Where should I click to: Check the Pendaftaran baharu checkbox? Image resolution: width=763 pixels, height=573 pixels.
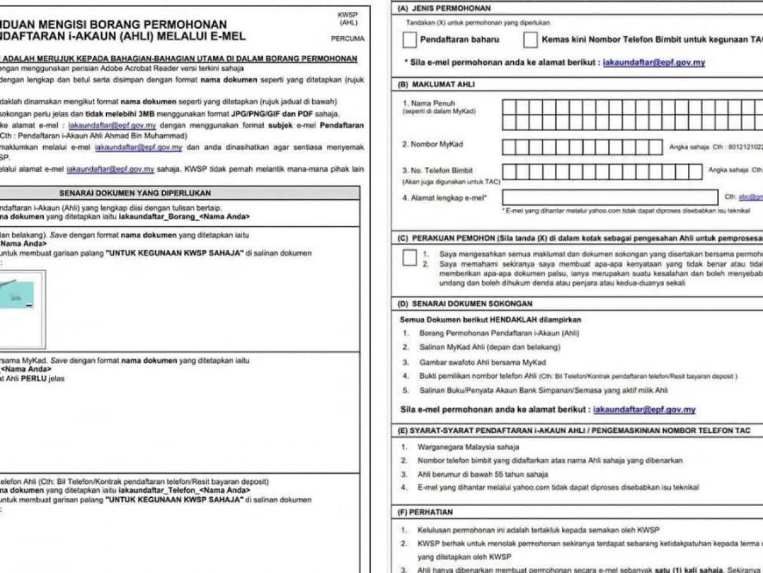click(x=409, y=40)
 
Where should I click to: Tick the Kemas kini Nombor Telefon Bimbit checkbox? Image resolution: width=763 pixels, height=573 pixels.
click(x=530, y=40)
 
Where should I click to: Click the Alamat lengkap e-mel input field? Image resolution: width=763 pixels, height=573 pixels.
click(x=610, y=197)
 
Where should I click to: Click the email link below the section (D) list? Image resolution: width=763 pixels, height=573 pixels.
click(x=643, y=409)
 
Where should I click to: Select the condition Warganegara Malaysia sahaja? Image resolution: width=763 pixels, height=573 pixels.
click(x=468, y=447)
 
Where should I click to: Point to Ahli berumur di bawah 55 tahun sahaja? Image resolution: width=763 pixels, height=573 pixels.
click(x=483, y=474)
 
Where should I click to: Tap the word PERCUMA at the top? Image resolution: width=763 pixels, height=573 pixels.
click(x=348, y=39)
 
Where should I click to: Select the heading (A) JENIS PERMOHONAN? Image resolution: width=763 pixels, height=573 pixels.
click(x=444, y=9)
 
